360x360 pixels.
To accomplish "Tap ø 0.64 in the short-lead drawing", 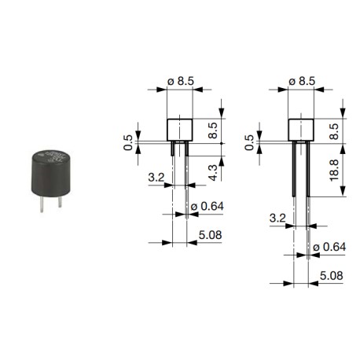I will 205,207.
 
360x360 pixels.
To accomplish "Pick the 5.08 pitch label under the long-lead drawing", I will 329,277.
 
